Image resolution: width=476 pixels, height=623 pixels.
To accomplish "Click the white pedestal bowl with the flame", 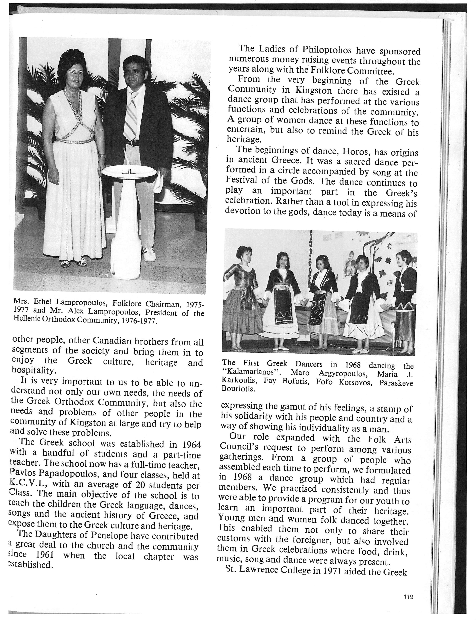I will point(129,171).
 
